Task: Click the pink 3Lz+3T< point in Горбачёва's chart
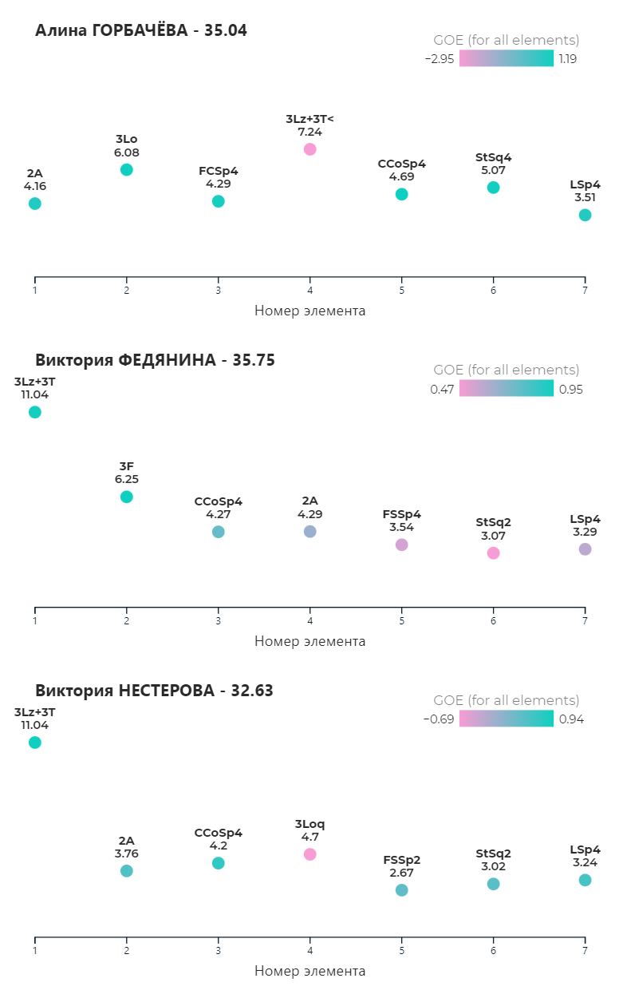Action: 310,149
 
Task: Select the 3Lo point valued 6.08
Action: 126,169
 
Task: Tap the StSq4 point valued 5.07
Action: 493,188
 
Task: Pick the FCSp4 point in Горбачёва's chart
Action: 219,201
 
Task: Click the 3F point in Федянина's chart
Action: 126,497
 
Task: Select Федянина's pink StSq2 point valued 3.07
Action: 493,552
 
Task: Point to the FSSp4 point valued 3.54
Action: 401,545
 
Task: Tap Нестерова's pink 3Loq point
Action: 310,854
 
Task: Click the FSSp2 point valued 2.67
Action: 401,890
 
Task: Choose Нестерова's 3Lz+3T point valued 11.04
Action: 35,743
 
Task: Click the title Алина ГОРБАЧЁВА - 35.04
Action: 141,31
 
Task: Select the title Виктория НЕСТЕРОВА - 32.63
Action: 154,691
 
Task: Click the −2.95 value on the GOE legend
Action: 440,59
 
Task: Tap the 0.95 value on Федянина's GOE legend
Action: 570,389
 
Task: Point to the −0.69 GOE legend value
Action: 440,719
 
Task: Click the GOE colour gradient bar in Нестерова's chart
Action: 506,719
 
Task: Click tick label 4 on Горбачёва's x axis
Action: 310,290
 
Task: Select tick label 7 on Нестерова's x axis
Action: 585,951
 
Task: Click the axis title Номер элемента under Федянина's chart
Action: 309,641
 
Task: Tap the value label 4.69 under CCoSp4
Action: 401,176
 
